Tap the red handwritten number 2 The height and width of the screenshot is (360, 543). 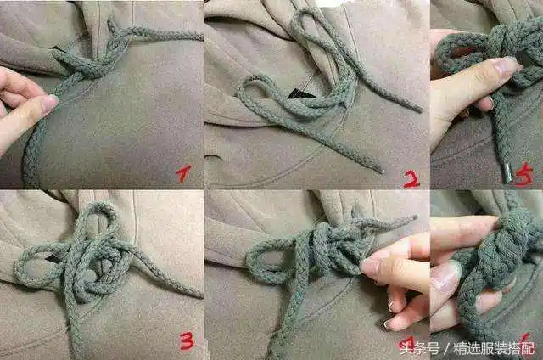click(411, 178)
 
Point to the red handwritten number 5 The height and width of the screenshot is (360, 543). click(524, 175)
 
